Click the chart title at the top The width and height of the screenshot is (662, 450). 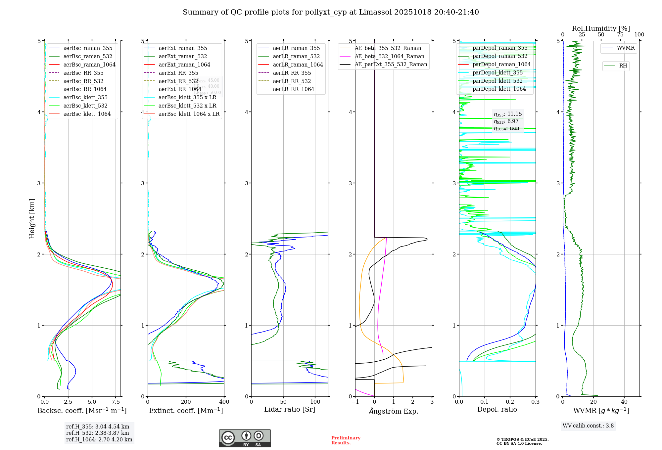[x=331, y=12]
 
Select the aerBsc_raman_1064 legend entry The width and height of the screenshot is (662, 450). [x=89, y=65]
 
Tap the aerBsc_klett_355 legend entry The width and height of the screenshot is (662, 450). [x=85, y=97]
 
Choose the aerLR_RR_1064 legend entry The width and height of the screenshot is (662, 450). [x=293, y=89]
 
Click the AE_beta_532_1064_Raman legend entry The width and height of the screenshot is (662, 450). [x=389, y=56]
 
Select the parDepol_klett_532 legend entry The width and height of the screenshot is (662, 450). [x=497, y=81]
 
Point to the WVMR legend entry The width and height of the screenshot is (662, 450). [x=626, y=48]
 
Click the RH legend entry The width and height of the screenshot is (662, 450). [x=623, y=66]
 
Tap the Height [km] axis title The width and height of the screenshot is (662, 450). [x=32, y=218]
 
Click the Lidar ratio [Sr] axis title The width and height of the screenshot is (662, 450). [x=290, y=409]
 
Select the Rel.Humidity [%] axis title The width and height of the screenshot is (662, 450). [x=601, y=28]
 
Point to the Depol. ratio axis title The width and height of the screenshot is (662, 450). [x=497, y=409]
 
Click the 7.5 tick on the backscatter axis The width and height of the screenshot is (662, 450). [x=116, y=402]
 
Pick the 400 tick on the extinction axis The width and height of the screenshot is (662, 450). [x=224, y=402]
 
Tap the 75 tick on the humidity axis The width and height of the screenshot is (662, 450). [x=620, y=35]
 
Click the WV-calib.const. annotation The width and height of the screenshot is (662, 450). [x=588, y=426]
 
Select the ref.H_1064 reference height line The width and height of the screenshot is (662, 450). [x=99, y=440]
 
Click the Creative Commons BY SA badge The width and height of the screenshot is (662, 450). [x=245, y=438]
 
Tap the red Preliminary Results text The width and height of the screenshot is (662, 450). [x=346, y=440]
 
